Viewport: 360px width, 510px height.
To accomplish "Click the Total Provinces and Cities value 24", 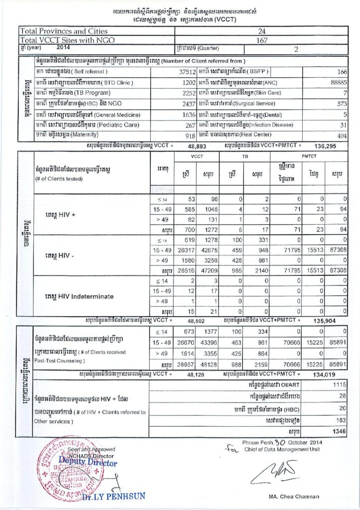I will coord(262,31).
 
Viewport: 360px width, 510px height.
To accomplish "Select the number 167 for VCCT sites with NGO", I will coord(262,40).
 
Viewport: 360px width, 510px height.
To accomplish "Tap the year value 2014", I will coord(64,48).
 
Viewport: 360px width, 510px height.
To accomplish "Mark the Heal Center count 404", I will coord(341,135).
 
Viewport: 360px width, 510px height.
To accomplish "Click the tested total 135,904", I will coord(327,321).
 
